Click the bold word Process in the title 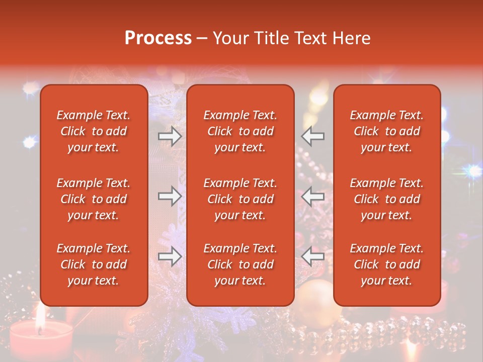[x=158, y=38]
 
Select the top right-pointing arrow [x=170, y=136]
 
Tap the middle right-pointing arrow [x=170, y=197]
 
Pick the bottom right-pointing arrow [x=170, y=257]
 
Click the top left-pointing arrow [x=313, y=136]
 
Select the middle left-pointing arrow [x=313, y=197]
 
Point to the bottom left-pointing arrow [x=313, y=257]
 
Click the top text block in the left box [x=94, y=131]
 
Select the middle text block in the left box [x=94, y=199]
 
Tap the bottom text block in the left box [x=94, y=264]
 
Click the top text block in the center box [x=240, y=131]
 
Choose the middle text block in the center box [x=240, y=199]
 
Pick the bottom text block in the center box [x=240, y=264]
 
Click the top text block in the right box [x=386, y=131]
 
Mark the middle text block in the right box [x=386, y=199]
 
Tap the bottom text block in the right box [x=386, y=264]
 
